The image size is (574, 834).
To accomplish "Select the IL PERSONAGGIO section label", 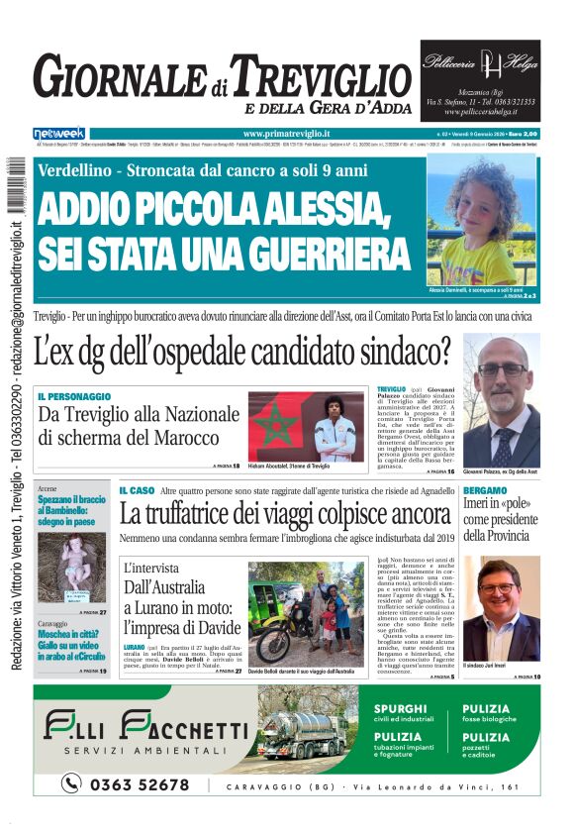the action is coord(74,396).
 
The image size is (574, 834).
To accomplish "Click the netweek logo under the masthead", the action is coord(58,133).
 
